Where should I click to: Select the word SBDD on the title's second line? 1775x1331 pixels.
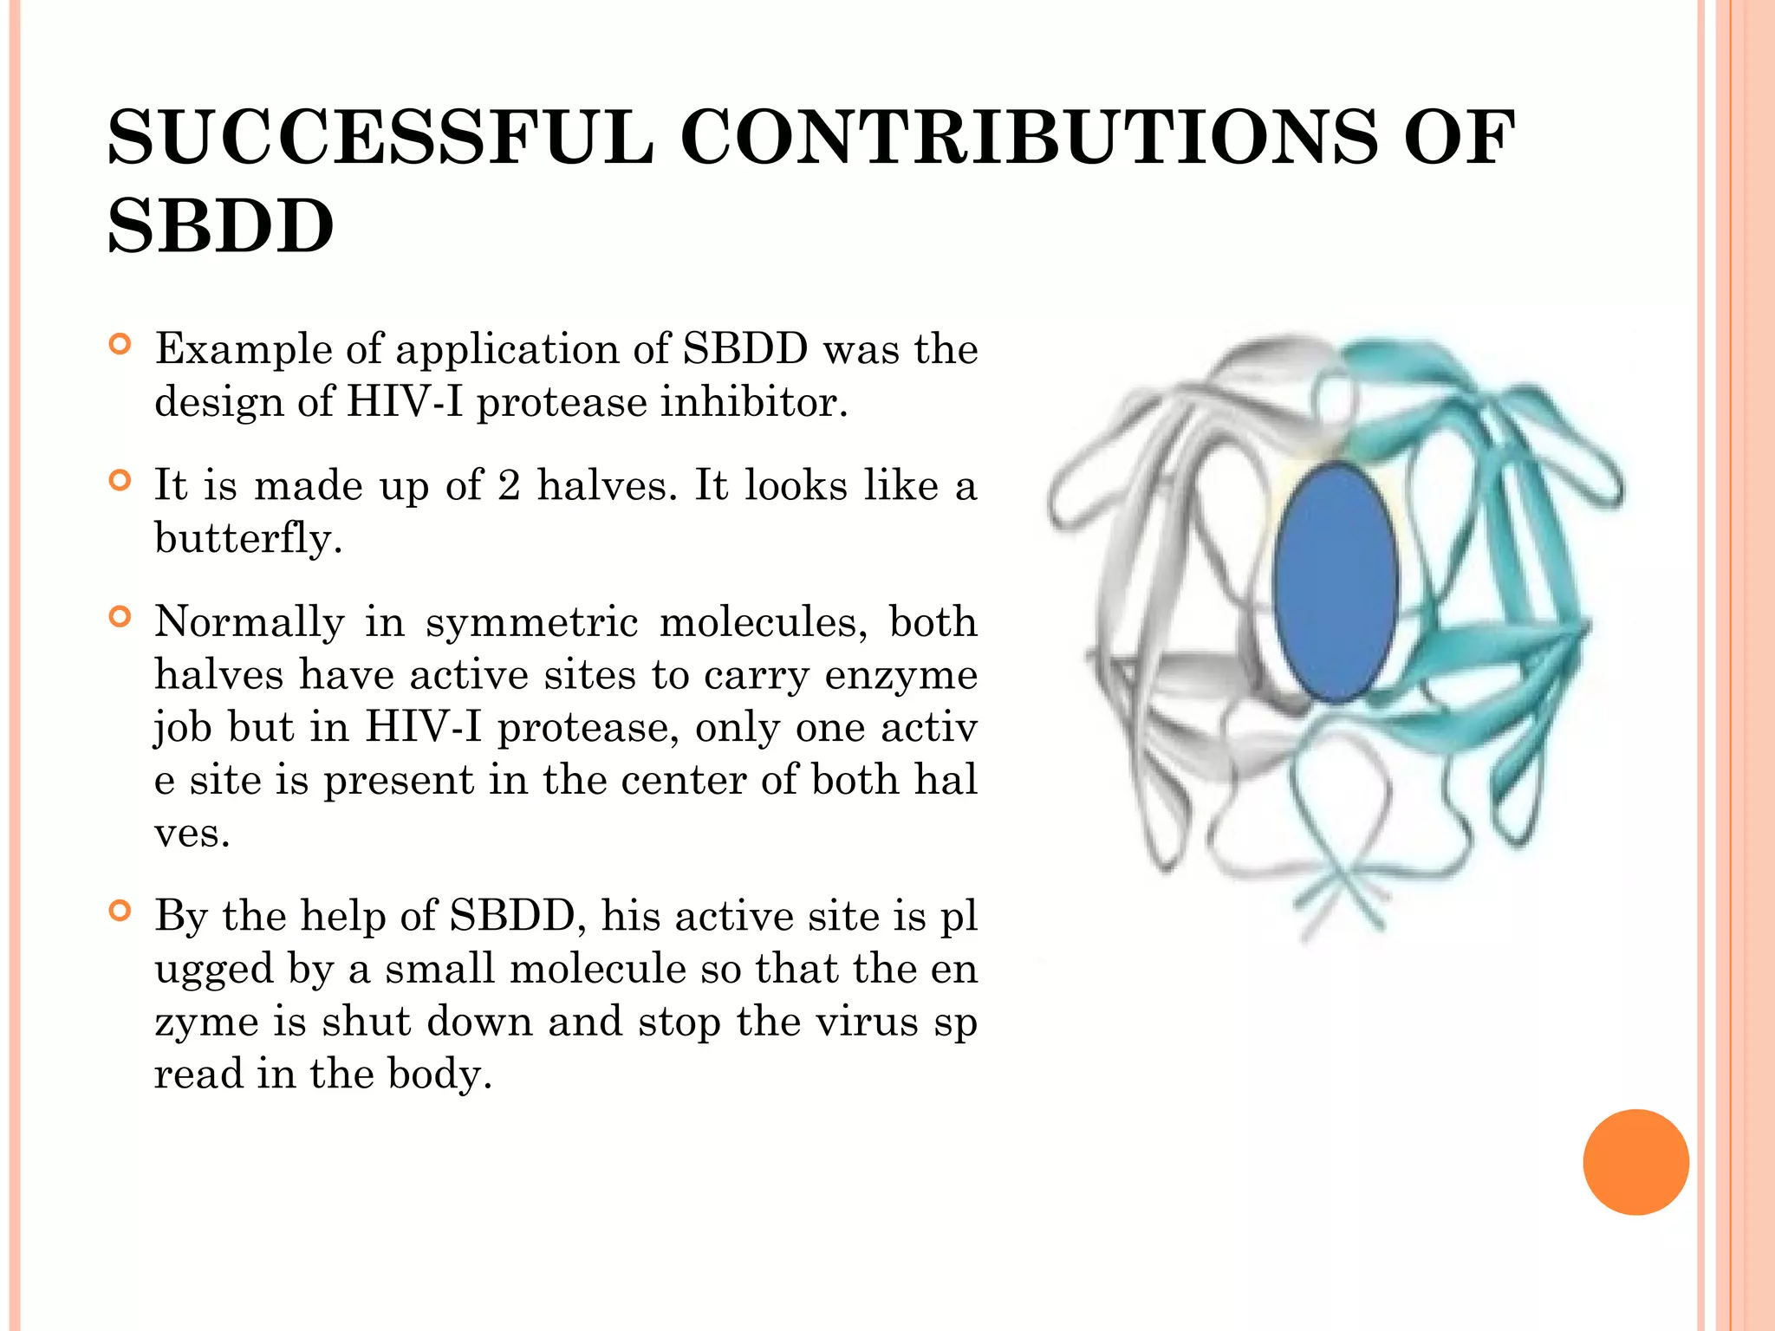click(220, 227)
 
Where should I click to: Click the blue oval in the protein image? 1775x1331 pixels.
click(1336, 581)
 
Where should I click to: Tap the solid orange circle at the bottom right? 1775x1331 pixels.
click(1635, 1162)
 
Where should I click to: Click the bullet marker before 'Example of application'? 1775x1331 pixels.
click(120, 345)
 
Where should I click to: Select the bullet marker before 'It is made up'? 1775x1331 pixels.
click(120, 480)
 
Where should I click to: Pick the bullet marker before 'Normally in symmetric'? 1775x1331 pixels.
click(120, 617)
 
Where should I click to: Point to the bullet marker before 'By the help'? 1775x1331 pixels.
click(120, 911)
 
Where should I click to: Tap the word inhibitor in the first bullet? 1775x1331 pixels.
click(751, 402)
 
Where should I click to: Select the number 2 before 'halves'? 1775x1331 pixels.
click(509, 485)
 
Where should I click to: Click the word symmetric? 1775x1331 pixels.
click(531, 622)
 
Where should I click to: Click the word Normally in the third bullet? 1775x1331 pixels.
click(250, 622)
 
